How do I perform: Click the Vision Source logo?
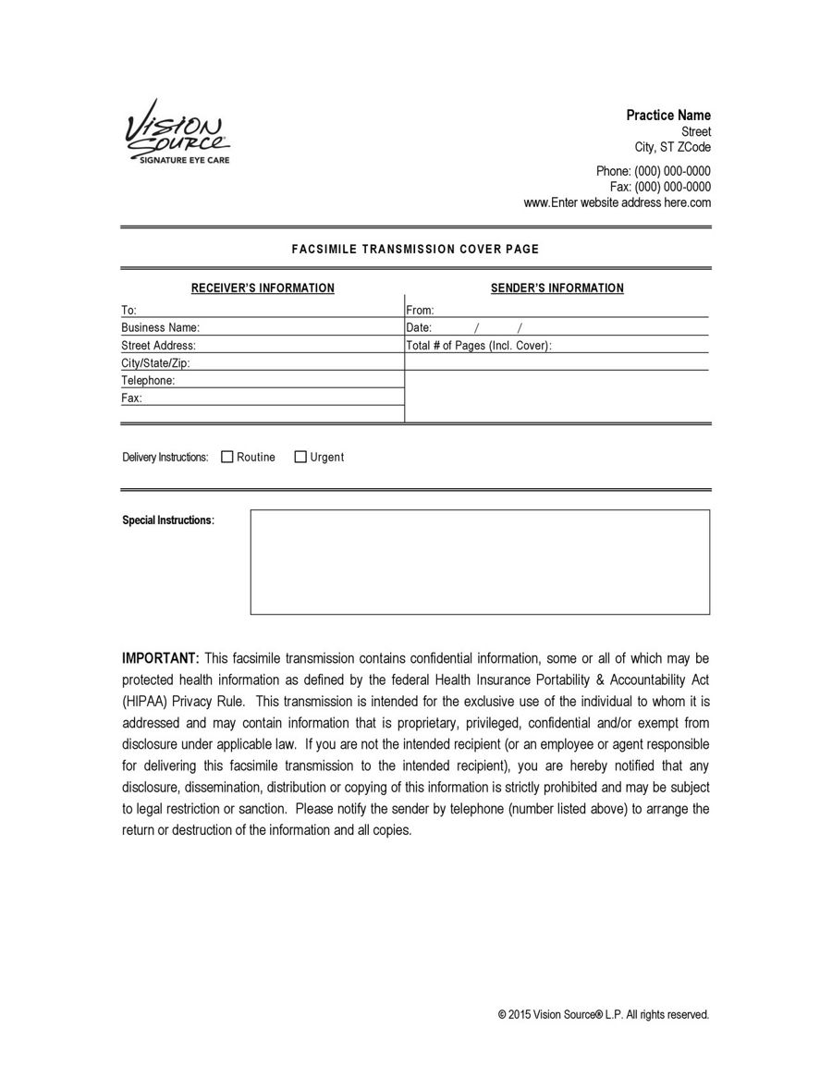coord(177,132)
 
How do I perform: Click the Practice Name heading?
coord(668,116)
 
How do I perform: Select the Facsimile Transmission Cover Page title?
coord(415,250)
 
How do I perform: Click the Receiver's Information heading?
coord(263,288)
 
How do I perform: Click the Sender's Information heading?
coord(557,288)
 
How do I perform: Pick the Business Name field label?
coord(160,327)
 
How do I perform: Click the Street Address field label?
coord(158,346)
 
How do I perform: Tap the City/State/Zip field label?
coord(155,363)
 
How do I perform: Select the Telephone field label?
coord(148,381)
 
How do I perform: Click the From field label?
coord(420,311)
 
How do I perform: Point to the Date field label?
coord(419,328)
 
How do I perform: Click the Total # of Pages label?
coord(479,346)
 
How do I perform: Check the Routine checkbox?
coord(227,457)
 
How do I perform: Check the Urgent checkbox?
coord(300,457)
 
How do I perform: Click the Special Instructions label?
coord(168,520)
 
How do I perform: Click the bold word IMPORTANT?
coord(160,658)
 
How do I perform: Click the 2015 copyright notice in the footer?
coord(603,1015)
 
